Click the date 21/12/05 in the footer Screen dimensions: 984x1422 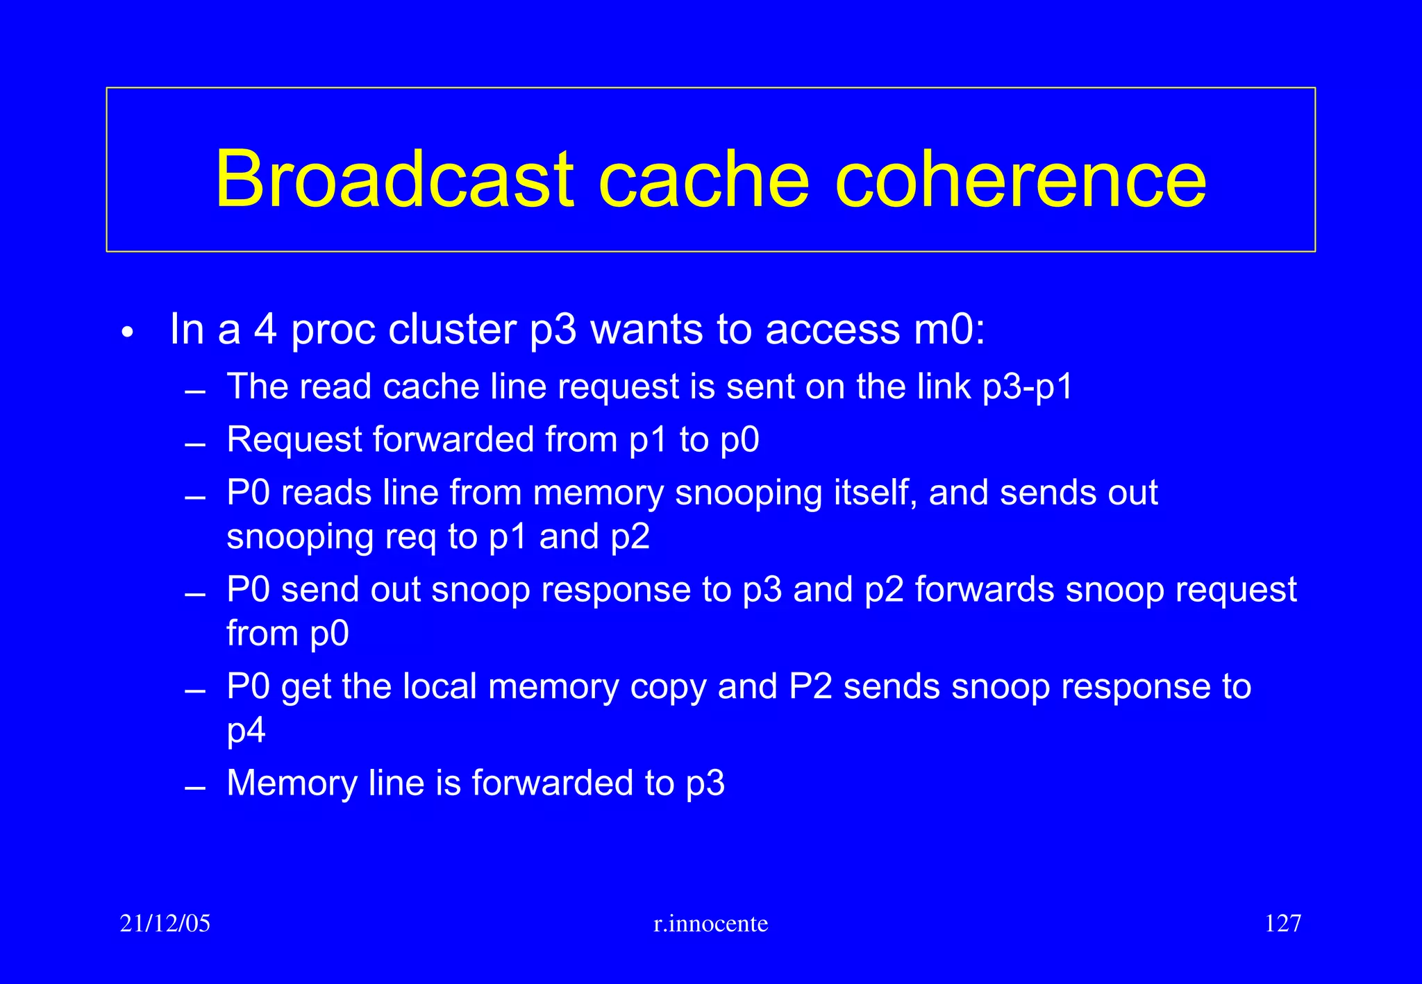(165, 923)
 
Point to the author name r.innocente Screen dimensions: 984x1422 (710, 924)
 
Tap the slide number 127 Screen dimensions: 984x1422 (1282, 923)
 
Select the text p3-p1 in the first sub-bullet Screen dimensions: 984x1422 (1028, 387)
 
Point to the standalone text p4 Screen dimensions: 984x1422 (246, 731)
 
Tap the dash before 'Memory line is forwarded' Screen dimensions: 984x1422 (195, 788)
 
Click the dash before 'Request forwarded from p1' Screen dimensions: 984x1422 (195, 445)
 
